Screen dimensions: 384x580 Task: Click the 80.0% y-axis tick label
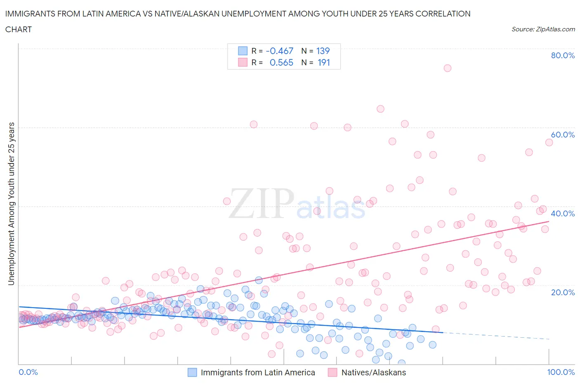tap(563, 55)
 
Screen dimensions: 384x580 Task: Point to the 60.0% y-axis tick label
tap(563, 135)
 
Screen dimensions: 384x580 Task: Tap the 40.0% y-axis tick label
tap(563, 213)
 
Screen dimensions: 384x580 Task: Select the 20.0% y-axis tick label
tap(563, 292)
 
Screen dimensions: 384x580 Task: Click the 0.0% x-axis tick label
tap(28, 372)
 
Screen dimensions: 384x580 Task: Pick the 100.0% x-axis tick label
tap(561, 372)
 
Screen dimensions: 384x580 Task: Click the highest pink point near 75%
tap(447, 68)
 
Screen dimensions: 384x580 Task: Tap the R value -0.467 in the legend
tap(280, 51)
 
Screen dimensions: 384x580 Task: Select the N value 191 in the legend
tap(324, 62)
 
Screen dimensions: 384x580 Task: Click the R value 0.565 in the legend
tap(281, 62)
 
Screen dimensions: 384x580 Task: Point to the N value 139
tap(323, 51)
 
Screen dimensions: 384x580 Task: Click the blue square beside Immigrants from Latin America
tap(192, 372)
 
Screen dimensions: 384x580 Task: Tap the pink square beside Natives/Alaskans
tap(332, 372)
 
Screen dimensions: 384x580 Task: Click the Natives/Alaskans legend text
tap(374, 372)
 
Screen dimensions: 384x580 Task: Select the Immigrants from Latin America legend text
tap(258, 372)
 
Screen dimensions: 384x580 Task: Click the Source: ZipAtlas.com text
tap(543, 29)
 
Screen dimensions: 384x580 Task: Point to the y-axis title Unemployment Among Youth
tap(12, 204)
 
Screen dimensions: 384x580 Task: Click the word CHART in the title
tap(19, 29)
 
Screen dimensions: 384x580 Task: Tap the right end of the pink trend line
tap(548, 222)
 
